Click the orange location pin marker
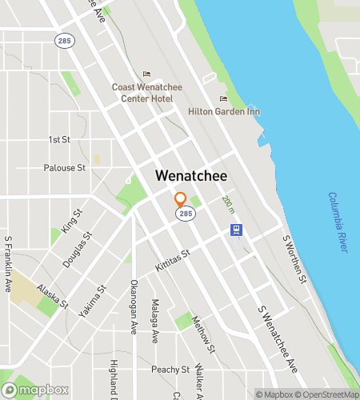[180, 200]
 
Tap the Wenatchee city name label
[190, 176]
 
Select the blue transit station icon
[236, 230]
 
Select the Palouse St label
[64, 168]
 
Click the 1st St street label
[59, 140]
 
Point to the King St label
[72, 222]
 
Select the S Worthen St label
[294, 259]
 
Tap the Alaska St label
[52, 297]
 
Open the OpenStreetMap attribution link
[326, 394]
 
